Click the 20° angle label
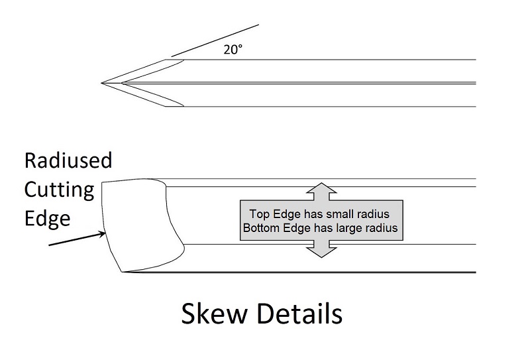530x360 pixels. pyautogui.click(x=233, y=49)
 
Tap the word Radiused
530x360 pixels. pyautogui.click(x=68, y=161)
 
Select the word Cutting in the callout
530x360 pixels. pyautogui.click(x=59, y=190)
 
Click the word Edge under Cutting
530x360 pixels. pyautogui.click(x=47, y=218)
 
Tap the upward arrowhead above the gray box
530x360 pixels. pyautogui.click(x=321, y=190)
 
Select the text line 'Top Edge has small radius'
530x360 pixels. pyautogui.click(x=321, y=214)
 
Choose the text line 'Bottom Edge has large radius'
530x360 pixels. pyautogui.click(x=321, y=228)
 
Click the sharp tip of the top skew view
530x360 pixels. pyautogui.click(x=103, y=83)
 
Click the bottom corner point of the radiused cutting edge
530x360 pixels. pyautogui.click(x=121, y=272)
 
